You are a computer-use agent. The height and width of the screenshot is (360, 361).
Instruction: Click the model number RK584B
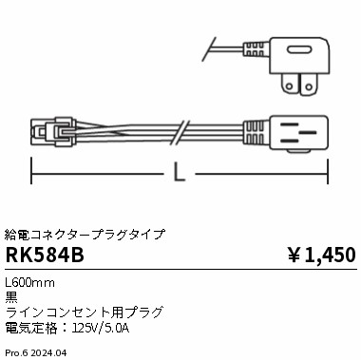[x=44, y=254]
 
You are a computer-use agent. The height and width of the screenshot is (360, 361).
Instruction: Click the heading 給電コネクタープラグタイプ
[x=85, y=233]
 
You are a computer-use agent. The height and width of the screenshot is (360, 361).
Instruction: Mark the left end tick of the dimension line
[x=32, y=174]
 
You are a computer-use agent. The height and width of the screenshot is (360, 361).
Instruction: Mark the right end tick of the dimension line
[x=329, y=174]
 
